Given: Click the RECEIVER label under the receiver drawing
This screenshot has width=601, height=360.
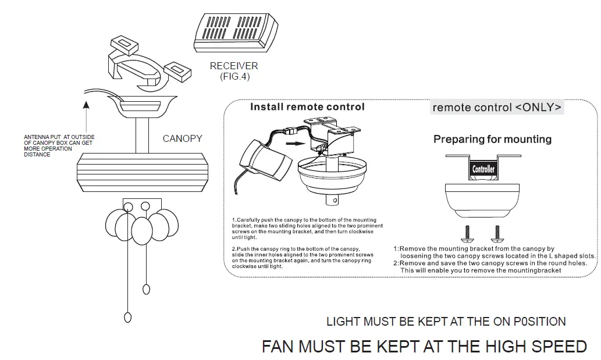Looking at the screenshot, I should click(234, 66).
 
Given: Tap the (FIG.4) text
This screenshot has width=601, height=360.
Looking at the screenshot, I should click(234, 76).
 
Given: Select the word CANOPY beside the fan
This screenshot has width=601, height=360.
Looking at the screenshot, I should click(182, 138).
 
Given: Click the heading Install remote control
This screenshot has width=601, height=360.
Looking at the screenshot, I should click(307, 107).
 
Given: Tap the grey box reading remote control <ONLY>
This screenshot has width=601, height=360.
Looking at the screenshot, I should click(497, 108).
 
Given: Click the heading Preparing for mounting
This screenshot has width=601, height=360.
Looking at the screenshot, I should click(492, 140).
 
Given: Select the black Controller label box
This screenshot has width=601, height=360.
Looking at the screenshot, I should click(483, 169).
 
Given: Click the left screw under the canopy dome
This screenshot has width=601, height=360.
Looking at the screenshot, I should click(465, 234).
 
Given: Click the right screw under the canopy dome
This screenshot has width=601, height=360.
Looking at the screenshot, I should click(496, 234).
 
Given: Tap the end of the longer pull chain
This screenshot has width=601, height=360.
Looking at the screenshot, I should click(127, 317).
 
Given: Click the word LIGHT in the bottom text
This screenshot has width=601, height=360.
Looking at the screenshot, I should click(344, 322).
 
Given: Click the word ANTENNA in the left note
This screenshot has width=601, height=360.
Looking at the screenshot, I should click(36, 137).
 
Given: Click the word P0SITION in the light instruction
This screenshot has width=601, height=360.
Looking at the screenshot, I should click(539, 322).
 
